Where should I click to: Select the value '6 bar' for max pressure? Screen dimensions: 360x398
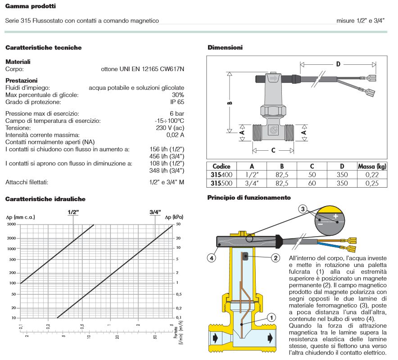[176, 113]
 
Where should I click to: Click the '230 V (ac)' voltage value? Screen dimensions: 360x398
[170, 128]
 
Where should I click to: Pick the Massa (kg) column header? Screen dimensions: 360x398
[372, 166]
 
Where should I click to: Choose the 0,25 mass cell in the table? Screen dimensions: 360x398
[372, 183]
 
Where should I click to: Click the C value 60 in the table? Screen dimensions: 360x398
[312, 183]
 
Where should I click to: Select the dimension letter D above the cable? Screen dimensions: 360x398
[338, 64]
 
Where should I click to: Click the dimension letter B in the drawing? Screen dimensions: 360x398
[229, 103]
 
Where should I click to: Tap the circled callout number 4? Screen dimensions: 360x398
[211, 258]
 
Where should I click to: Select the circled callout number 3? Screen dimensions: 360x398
[303, 209]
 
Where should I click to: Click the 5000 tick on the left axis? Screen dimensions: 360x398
[11, 224]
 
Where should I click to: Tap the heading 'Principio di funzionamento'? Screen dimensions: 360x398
[249, 198]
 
